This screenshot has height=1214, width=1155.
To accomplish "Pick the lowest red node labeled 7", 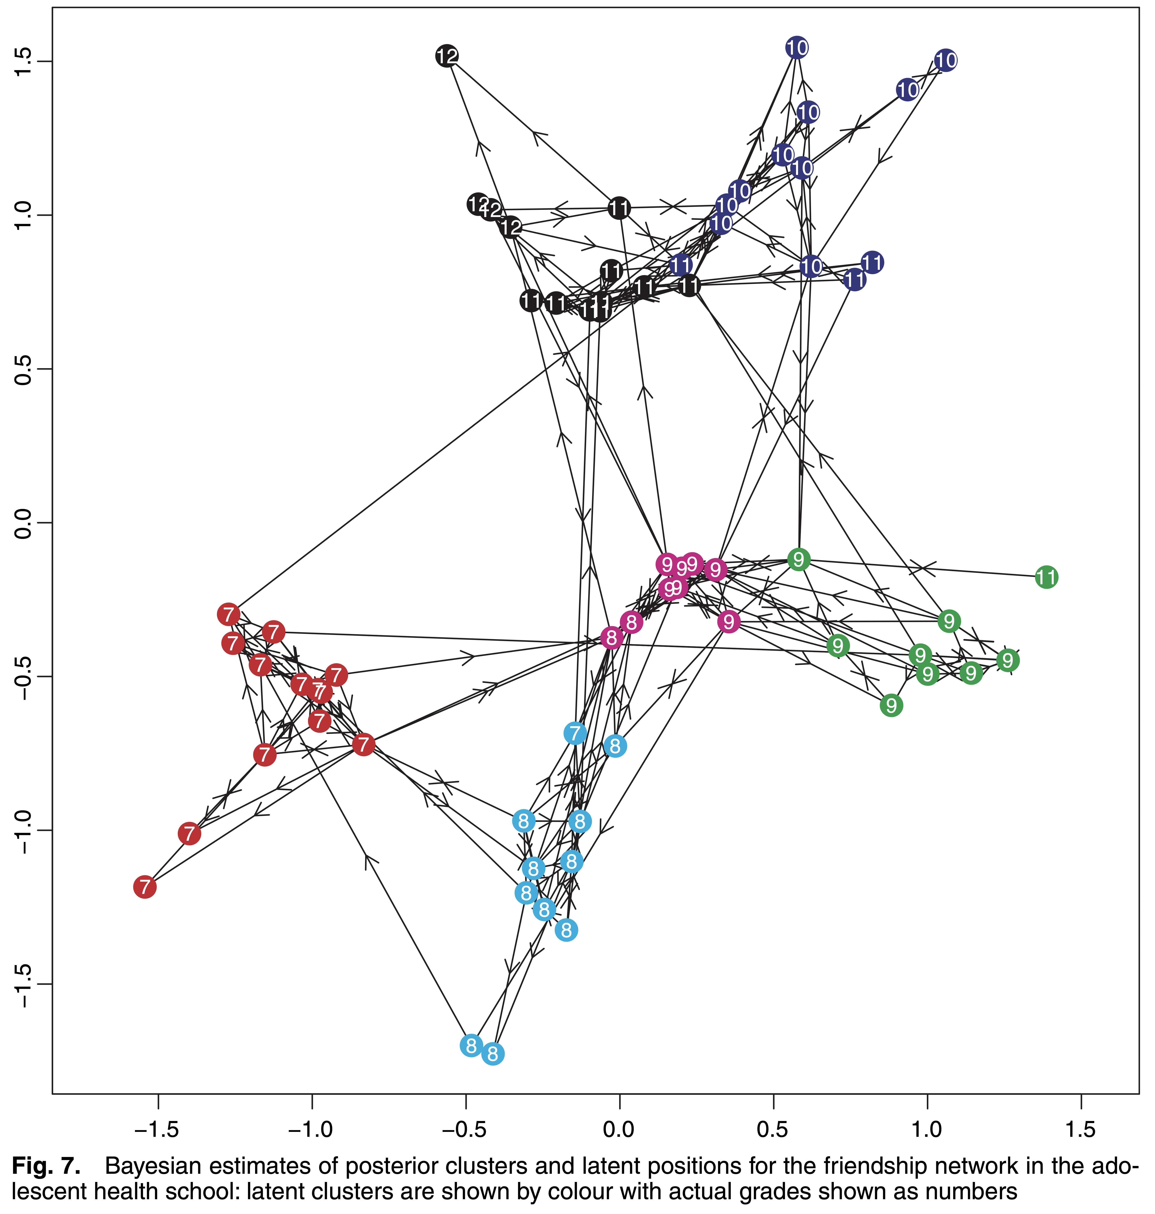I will click(x=145, y=887).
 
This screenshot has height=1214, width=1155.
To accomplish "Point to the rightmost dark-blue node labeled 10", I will click(x=946, y=60).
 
